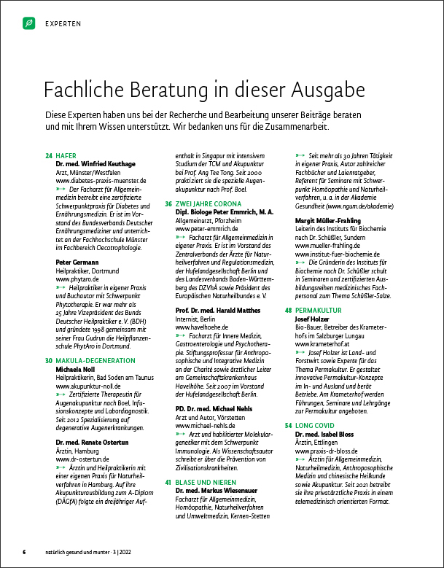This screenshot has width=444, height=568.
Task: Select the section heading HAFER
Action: pyautogui.click(x=66, y=155)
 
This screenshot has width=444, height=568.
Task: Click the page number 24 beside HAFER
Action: pyautogui.click(x=49, y=155)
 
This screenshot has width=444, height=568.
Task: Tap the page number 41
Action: pyautogui.click(x=168, y=483)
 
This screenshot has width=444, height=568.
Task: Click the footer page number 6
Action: pyautogui.click(x=24, y=551)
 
